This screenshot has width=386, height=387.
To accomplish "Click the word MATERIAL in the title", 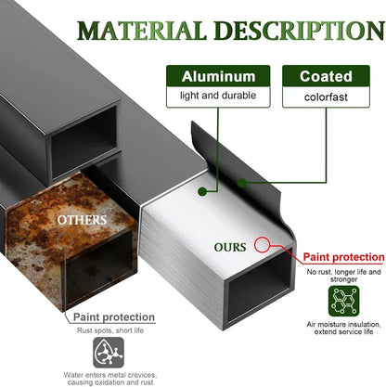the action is coord(142,31).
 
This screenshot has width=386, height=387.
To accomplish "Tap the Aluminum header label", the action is coord(218,76).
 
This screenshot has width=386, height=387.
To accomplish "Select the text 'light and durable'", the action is coord(218,96).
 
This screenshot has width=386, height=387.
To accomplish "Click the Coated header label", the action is coord(326,76).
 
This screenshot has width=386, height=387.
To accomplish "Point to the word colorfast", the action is coord(326,97).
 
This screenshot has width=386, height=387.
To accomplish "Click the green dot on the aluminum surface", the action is coord(202,191).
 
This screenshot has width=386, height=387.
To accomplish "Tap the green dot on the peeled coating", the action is coord(242,183).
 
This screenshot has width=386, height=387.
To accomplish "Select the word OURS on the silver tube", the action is coord(230,247).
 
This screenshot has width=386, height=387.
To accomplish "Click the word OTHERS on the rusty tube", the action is coord(82,220).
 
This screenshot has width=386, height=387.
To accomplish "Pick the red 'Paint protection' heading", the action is coord(343,257).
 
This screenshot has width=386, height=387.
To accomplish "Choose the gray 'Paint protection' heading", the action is coord(114,317).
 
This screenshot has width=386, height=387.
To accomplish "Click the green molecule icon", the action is coord(344,301).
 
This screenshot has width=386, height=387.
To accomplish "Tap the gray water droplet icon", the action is coord(109,353).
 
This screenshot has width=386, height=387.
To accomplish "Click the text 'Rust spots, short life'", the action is coord(110,330).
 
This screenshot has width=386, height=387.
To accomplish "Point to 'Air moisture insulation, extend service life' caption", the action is coord(343,328).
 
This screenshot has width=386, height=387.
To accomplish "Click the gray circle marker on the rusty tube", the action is coord(65,239).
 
